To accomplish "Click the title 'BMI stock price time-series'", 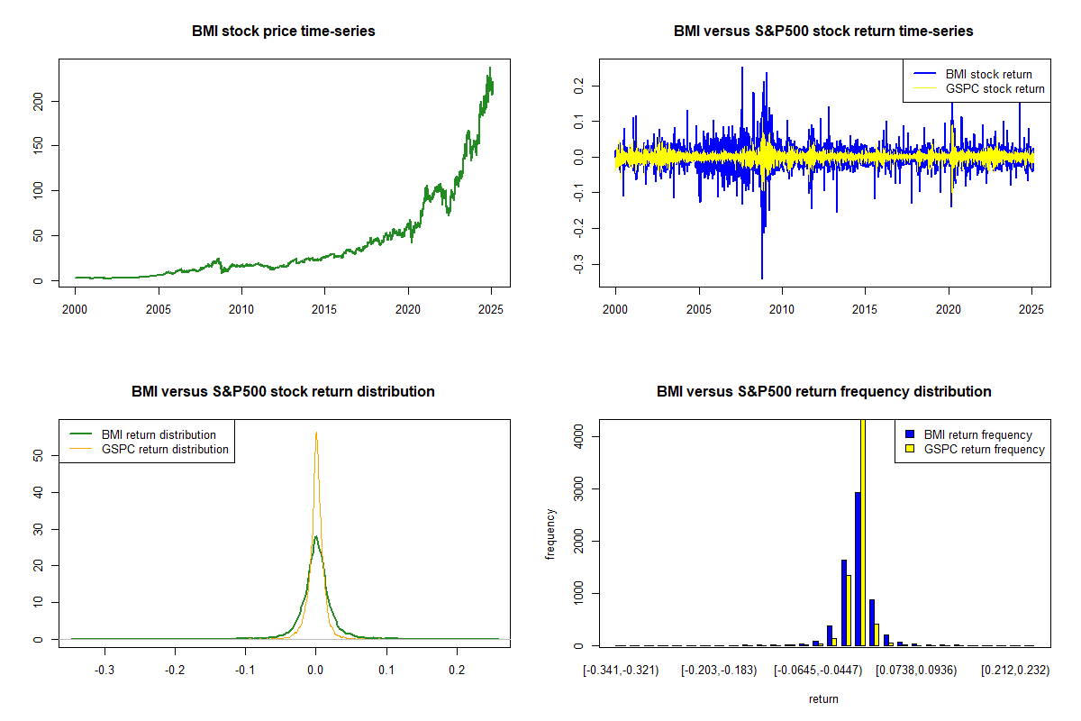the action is (283, 31).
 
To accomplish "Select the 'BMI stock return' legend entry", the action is (973, 74).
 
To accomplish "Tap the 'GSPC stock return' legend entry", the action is (979, 89).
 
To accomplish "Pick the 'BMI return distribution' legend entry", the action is (143, 434).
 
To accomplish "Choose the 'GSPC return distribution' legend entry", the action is (150, 449).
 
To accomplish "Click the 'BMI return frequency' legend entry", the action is (969, 434).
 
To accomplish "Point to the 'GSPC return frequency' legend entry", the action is (975, 449).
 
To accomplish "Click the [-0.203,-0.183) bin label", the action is (719, 671).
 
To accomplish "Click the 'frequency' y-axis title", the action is (550, 534).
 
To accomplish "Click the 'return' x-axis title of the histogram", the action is (823, 698).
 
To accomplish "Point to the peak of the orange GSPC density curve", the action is (316, 433).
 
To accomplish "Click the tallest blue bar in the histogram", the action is (858, 569).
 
